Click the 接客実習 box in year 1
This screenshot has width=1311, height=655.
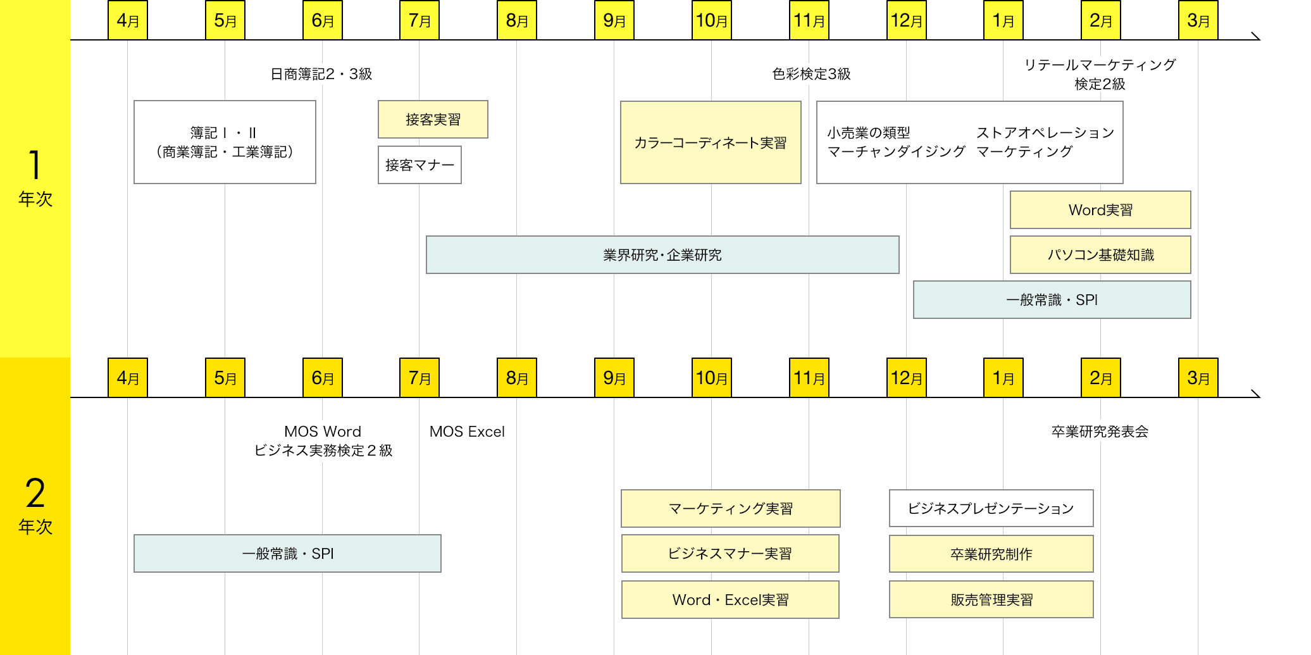point(433,119)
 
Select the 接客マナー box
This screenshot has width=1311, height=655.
point(419,165)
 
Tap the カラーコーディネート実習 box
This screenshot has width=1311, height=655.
point(711,142)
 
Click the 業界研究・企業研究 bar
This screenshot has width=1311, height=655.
point(662,255)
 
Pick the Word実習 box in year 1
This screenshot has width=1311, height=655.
point(1100,210)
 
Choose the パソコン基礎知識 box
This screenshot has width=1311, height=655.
point(1100,255)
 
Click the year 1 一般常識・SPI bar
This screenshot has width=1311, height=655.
point(1052,300)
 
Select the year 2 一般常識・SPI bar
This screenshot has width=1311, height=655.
point(287,554)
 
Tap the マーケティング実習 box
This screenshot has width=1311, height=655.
point(731,508)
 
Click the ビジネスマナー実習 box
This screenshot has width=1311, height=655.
point(730,554)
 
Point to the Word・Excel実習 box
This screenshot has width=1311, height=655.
point(730,600)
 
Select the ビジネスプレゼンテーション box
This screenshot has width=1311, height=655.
point(991,508)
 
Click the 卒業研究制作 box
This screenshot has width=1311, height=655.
point(991,554)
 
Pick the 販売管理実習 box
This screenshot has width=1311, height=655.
point(991,600)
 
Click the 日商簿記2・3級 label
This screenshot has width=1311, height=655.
point(321,74)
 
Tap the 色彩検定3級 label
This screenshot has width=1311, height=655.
point(811,74)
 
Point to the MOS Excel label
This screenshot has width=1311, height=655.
point(467,432)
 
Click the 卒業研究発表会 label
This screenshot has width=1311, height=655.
point(1100,432)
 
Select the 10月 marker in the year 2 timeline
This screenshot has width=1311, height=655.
point(711,378)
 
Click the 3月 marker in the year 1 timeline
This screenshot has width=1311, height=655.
point(1198,20)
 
